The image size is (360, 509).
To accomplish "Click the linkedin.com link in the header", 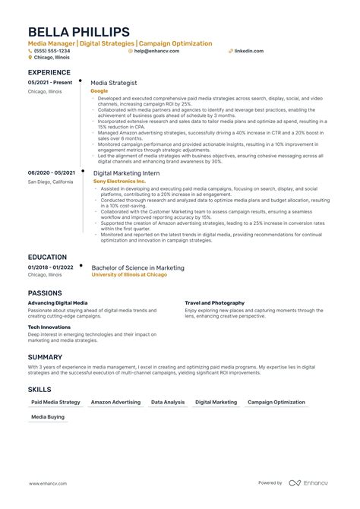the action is click(x=248, y=51).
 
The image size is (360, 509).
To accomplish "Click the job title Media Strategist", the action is click(x=114, y=82).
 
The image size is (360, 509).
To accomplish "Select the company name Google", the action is click(x=99, y=90).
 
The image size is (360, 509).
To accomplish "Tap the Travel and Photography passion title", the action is click(x=214, y=303).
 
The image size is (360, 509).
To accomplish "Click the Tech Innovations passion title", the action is click(x=50, y=327).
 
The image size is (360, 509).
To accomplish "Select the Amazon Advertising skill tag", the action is click(x=115, y=402).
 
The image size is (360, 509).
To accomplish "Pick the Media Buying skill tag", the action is click(x=48, y=417).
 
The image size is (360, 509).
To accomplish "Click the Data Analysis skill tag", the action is click(x=167, y=402).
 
